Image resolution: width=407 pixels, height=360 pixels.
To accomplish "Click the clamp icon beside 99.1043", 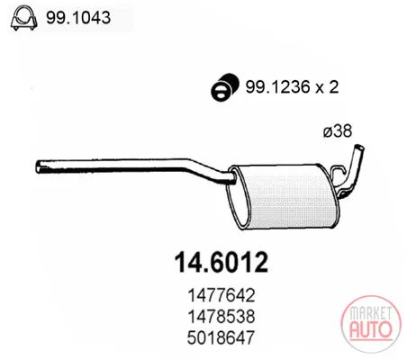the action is click(23, 19).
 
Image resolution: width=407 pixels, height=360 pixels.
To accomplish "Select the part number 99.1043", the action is click(78, 18).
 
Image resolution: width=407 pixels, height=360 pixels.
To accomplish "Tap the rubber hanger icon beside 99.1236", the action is click(224, 86).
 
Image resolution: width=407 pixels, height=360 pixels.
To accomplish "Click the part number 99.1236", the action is click(274, 87).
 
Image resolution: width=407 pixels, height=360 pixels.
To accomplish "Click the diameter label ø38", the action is click(337, 131).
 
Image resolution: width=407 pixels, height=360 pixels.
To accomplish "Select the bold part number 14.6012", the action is click(222, 263).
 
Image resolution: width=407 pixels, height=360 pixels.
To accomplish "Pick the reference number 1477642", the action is click(222, 295).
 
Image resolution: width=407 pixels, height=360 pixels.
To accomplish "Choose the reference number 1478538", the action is click(222, 316).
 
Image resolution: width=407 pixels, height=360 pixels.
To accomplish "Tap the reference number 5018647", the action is click(221, 337).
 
